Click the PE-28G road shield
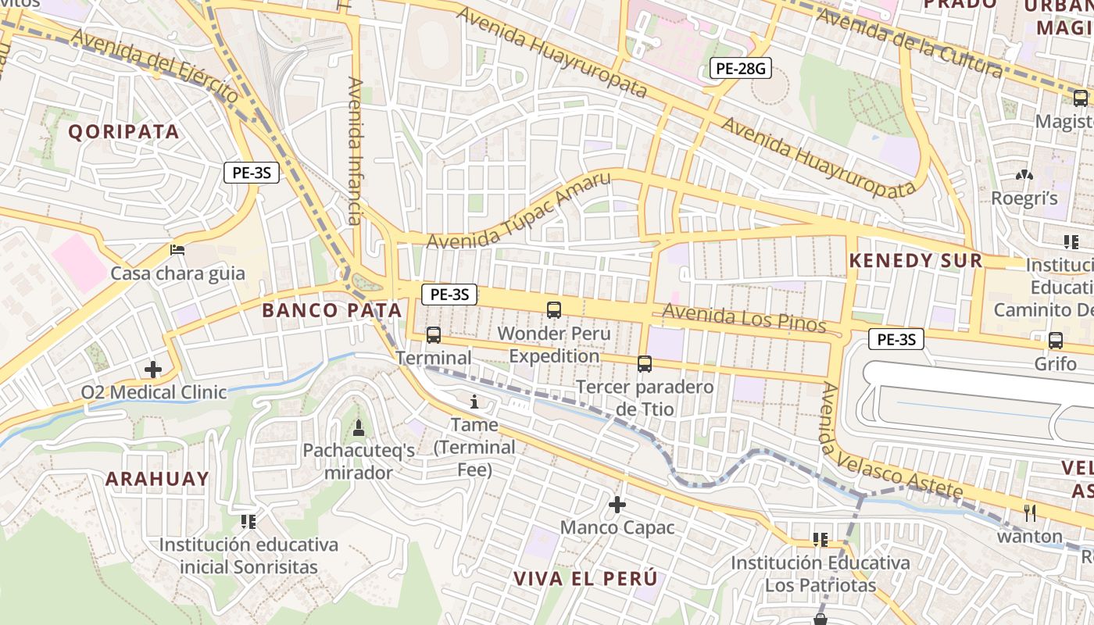click(x=741, y=69)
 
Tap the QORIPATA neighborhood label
click(x=123, y=131)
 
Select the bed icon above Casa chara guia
click(x=177, y=250)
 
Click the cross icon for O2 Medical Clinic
click(x=153, y=369)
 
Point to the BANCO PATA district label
click(x=331, y=310)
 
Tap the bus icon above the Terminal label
click(x=434, y=335)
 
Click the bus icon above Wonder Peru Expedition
click(x=554, y=310)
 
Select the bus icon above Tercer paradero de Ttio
click(x=645, y=363)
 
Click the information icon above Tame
click(x=474, y=402)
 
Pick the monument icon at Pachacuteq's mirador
click(x=359, y=427)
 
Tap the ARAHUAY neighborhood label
click(x=157, y=479)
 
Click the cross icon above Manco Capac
click(x=617, y=505)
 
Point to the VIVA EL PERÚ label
click(x=585, y=579)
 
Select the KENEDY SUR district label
click(x=915, y=261)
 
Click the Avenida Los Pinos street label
click(x=744, y=317)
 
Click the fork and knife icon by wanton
click(x=1030, y=513)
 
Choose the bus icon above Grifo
click(x=1056, y=341)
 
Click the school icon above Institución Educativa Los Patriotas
click(x=820, y=539)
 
